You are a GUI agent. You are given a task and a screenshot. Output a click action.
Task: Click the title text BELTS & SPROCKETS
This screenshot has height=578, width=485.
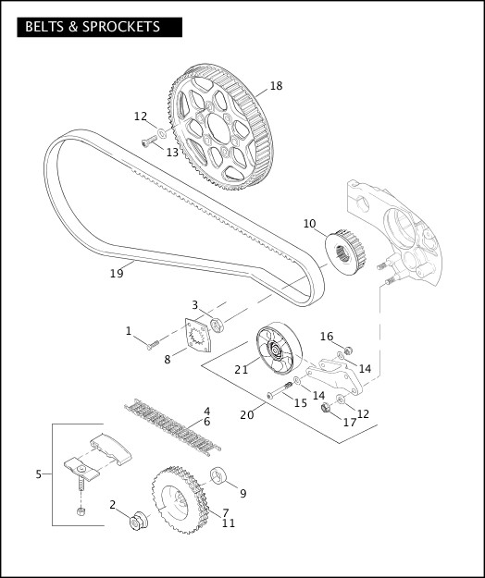tap(93, 27)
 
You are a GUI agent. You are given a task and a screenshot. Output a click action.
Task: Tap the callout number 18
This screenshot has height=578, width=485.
tap(276, 86)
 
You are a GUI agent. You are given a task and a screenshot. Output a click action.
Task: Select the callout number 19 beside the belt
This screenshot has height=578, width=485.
tap(117, 274)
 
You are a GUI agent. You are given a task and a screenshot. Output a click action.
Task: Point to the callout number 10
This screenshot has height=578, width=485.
tap(309, 223)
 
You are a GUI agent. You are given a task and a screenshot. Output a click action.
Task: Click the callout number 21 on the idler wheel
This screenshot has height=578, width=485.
tap(242, 369)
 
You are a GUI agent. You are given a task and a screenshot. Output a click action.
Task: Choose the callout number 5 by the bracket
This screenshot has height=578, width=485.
tap(39, 474)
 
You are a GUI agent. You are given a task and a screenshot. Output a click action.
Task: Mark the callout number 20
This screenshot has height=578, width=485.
tap(246, 414)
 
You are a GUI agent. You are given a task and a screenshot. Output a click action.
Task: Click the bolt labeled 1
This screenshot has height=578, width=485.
tap(152, 345)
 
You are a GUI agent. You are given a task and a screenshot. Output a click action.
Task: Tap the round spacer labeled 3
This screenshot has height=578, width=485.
tap(218, 325)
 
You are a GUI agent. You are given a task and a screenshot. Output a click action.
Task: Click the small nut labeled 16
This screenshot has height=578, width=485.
tap(348, 350)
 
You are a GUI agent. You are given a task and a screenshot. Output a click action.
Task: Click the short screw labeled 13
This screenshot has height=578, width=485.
tap(149, 141)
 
